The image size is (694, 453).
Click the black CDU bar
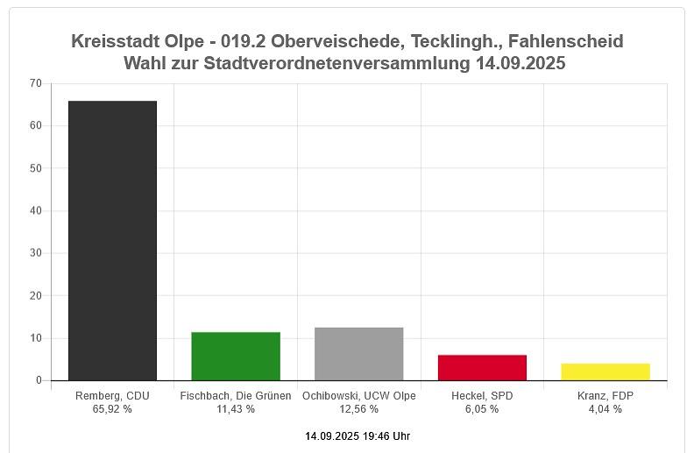112,241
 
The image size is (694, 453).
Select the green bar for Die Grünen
236,357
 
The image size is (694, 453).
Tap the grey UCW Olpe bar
358,354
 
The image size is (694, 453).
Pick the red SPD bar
482,368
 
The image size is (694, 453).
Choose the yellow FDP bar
605,372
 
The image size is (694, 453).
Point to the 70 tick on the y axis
35,83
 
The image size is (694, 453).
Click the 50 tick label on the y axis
35,168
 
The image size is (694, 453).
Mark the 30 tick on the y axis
35,253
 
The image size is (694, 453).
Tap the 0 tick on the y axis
39,380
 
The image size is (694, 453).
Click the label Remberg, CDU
112,396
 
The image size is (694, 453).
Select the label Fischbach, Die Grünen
236,396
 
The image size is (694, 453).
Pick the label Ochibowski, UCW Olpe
358,396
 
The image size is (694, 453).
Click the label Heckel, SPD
482,396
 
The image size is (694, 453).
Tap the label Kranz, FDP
605,396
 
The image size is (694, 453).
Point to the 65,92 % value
112,409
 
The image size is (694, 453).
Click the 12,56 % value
358,409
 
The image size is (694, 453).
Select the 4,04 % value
605,409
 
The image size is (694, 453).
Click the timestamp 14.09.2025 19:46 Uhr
358,435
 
